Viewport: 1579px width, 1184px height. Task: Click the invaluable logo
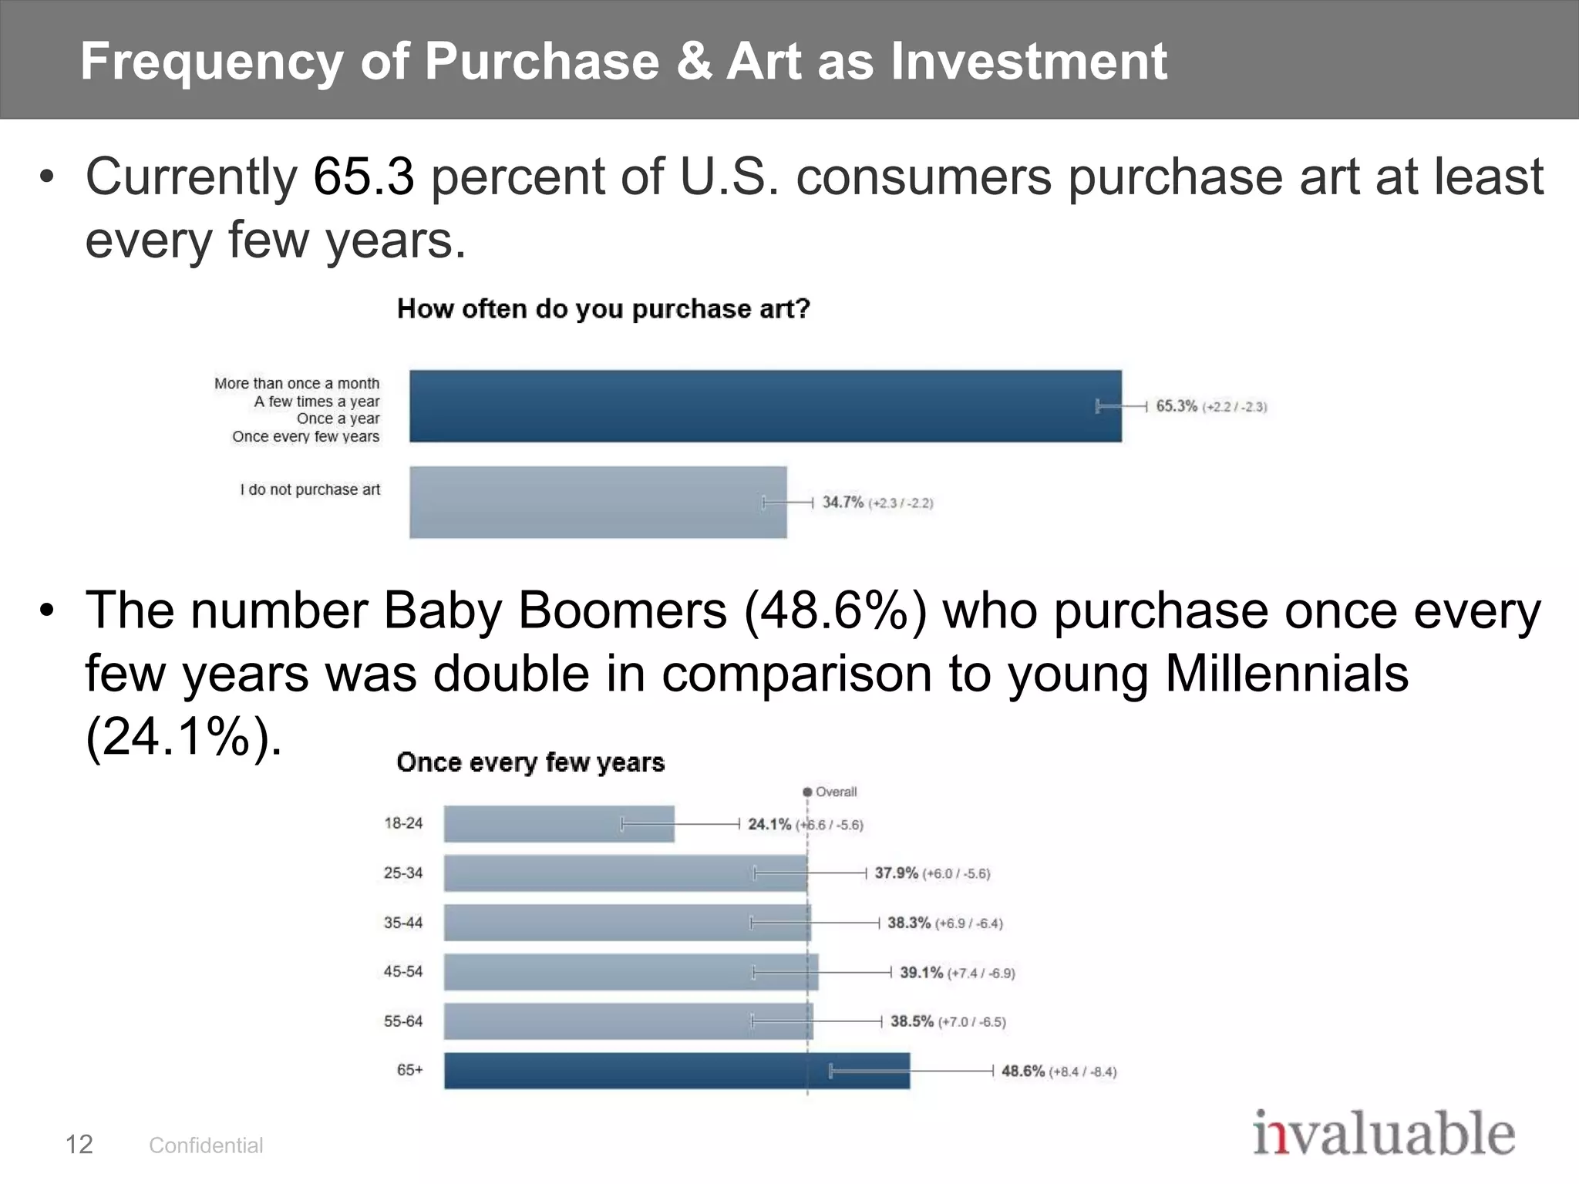point(1383,1134)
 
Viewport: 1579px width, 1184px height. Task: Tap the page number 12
point(79,1145)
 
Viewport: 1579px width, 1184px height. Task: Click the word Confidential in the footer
point(206,1145)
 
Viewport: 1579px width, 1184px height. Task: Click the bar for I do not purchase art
point(598,502)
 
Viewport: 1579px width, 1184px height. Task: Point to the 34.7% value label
point(843,502)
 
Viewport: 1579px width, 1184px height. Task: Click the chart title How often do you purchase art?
point(603,309)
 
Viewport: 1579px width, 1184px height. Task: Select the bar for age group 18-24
point(559,824)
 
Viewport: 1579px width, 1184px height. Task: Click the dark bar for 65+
point(676,1071)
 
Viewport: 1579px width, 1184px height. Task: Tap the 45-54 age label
point(403,971)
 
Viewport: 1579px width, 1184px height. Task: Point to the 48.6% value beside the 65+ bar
point(1023,1071)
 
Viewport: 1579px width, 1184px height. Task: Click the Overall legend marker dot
point(807,792)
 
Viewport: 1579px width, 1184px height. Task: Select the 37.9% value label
point(896,873)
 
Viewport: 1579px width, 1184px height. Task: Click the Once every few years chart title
point(530,762)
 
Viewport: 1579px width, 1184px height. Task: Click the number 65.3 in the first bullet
point(364,177)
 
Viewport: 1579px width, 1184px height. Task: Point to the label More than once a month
point(297,383)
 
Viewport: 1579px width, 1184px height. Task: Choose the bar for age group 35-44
point(626,923)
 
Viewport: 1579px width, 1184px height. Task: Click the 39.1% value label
point(921,972)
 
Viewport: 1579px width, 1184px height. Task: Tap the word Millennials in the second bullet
point(1286,673)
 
